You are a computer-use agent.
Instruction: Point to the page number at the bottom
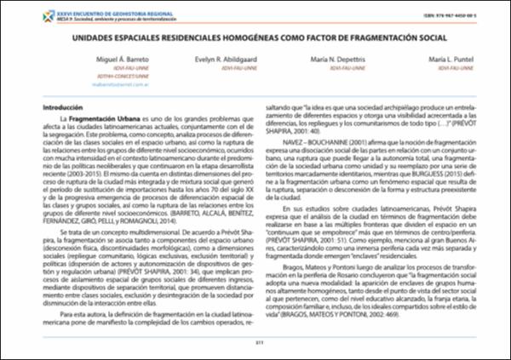(x=255, y=344)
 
